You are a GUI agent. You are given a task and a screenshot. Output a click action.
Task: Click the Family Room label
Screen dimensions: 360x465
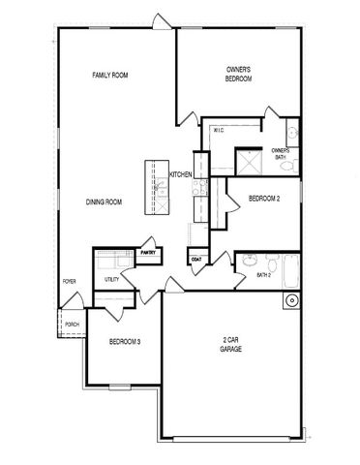point(110,76)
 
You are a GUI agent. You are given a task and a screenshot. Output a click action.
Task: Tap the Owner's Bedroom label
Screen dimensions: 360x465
point(238,74)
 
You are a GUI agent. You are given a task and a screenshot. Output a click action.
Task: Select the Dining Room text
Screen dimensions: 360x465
point(104,202)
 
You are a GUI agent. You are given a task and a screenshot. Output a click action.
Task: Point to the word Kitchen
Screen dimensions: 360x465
point(181,174)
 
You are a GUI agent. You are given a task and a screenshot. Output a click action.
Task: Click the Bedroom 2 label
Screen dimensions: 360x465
point(264,199)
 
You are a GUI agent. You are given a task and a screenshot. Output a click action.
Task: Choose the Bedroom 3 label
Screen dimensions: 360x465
point(125,342)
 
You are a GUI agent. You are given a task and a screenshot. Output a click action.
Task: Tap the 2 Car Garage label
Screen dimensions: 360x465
point(230,345)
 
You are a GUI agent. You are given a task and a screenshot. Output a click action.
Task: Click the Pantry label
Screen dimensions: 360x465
point(148,253)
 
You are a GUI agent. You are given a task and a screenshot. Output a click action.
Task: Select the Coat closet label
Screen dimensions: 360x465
point(196,260)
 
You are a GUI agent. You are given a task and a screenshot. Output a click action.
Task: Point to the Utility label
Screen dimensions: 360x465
point(111,279)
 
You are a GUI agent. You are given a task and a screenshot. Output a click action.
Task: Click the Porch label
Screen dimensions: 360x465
point(72,325)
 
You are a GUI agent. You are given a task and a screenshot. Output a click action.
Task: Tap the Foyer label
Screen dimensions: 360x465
point(69,282)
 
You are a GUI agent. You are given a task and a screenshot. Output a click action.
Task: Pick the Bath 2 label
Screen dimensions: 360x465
point(263,275)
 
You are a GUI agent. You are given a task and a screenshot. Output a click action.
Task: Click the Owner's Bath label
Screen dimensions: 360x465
point(281,154)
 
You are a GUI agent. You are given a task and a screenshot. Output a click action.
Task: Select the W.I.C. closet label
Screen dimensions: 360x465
point(219,131)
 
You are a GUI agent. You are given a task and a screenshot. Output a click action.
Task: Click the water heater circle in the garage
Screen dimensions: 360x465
point(291,301)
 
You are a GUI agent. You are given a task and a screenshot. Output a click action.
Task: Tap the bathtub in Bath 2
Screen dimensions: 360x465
point(291,271)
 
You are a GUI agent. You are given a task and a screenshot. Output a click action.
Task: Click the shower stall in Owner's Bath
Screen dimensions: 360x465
point(249,162)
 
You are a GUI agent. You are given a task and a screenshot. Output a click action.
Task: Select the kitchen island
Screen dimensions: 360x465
point(157,187)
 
